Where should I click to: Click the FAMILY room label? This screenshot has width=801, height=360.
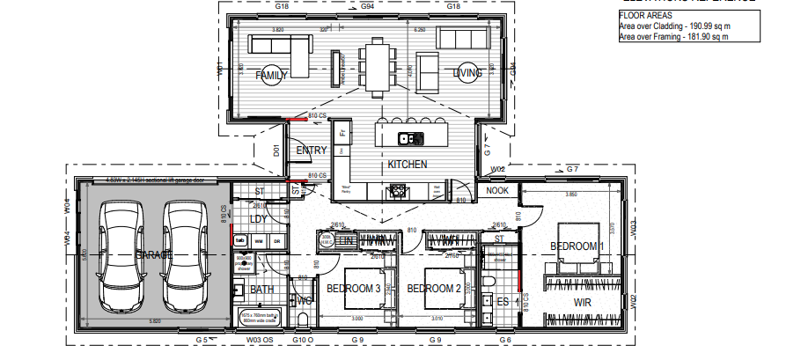pyautogui.click(x=272, y=76)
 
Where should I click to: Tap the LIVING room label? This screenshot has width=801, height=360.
pyautogui.click(x=469, y=74)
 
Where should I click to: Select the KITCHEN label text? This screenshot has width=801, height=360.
pyautogui.click(x=408, y=165)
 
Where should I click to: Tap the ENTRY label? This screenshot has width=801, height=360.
pyautogui.click(x=312, y=151)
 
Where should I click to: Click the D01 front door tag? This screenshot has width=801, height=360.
pyautogui.click(x=276, y=151)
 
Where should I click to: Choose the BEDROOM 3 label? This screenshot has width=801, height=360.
pyautogui.click(x=353, y=289)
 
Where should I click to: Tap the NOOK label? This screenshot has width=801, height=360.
pyautogui.click(x=497, y=190)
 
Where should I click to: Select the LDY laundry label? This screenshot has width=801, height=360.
pyautogui.click(x=258, y=218)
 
